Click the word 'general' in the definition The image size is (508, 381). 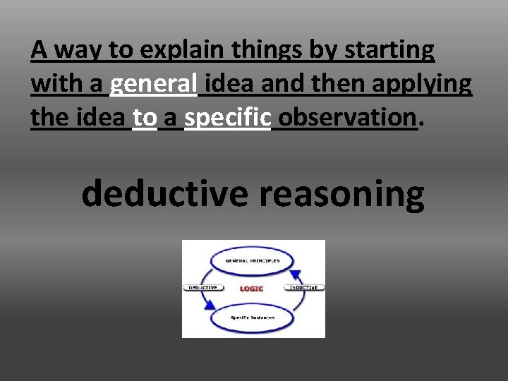[x=153, y=85]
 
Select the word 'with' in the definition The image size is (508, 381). [x=56, y=85]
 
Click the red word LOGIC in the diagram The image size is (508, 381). [x=252, y=289]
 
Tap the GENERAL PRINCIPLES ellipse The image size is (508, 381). [x=253, y=261]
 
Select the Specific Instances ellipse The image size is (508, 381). [x=253, y=317]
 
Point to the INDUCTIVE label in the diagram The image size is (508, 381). [x=303, y=288]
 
